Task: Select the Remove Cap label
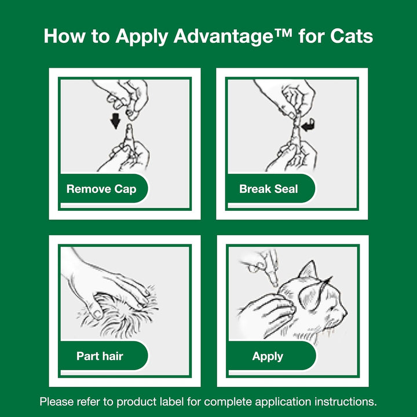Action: click(x=101, y=189)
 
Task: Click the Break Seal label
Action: click(x=269, y=189)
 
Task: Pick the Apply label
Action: click(x=268, y=356)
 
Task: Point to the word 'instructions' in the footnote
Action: click(x=348, y=401)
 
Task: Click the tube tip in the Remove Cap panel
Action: click(x=129, y=129)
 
